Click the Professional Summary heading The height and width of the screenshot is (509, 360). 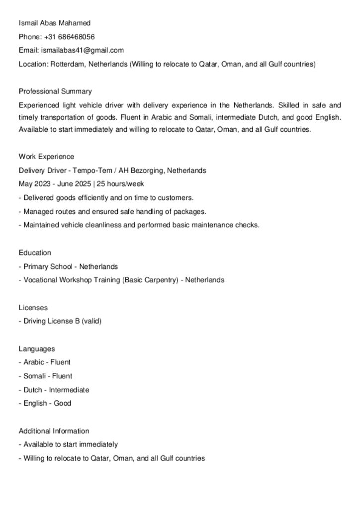[55, 91]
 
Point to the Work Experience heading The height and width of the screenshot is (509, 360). [46, 157]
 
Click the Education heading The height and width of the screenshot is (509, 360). [35, 253]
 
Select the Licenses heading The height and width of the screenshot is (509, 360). [33, 308]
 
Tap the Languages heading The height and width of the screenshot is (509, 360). [37, 349]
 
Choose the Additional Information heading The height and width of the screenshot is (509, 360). [54, 431]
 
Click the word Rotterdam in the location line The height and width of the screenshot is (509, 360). [67, 64]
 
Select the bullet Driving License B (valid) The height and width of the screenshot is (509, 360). [62, 321]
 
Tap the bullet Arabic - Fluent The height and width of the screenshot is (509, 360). [47, 362]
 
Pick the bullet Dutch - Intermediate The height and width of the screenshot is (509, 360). [56, 390]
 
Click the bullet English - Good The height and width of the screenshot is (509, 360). [47, 404]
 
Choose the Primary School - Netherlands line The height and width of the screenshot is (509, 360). [71, 266]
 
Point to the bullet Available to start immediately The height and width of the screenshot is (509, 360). [71, 444]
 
